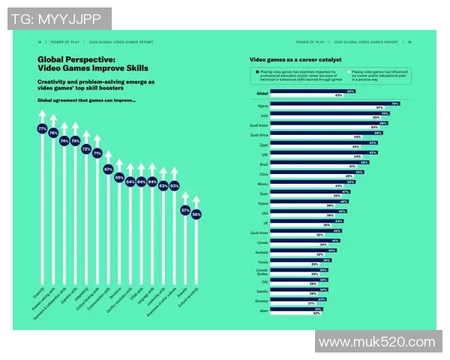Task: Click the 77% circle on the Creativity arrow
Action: [42, 129]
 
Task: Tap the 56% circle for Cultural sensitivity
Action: [196, 214]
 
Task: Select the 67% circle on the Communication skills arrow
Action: [108, 169]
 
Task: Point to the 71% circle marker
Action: [97, 152]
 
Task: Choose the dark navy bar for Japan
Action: [296, 309]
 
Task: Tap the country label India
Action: [263, 114]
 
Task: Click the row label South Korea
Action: [259, 233]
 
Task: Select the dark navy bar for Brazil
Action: [319, 162]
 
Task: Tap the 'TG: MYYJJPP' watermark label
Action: [59, 18]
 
